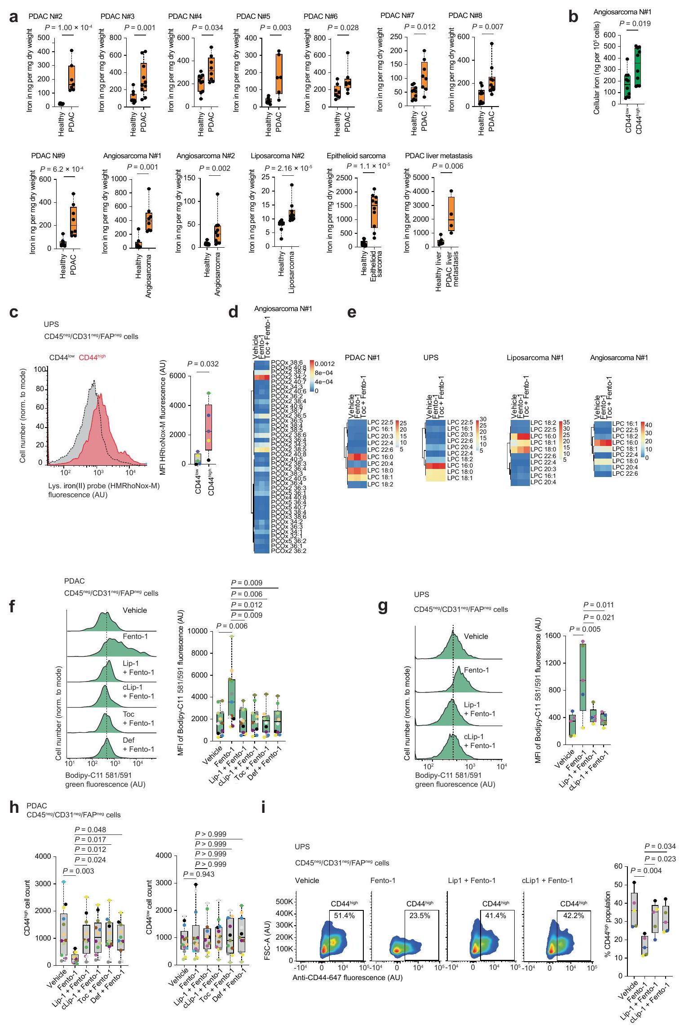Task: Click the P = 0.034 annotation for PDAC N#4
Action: pos(207,27)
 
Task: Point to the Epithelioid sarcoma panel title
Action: pos(356,156)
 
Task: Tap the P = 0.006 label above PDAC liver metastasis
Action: pos(447,166)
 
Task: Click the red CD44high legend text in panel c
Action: pos(92,357)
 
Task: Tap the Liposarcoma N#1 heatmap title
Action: pos(535,358)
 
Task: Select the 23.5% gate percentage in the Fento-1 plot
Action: pos(419,915)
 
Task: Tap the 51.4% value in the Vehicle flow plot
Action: pos(344,915)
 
